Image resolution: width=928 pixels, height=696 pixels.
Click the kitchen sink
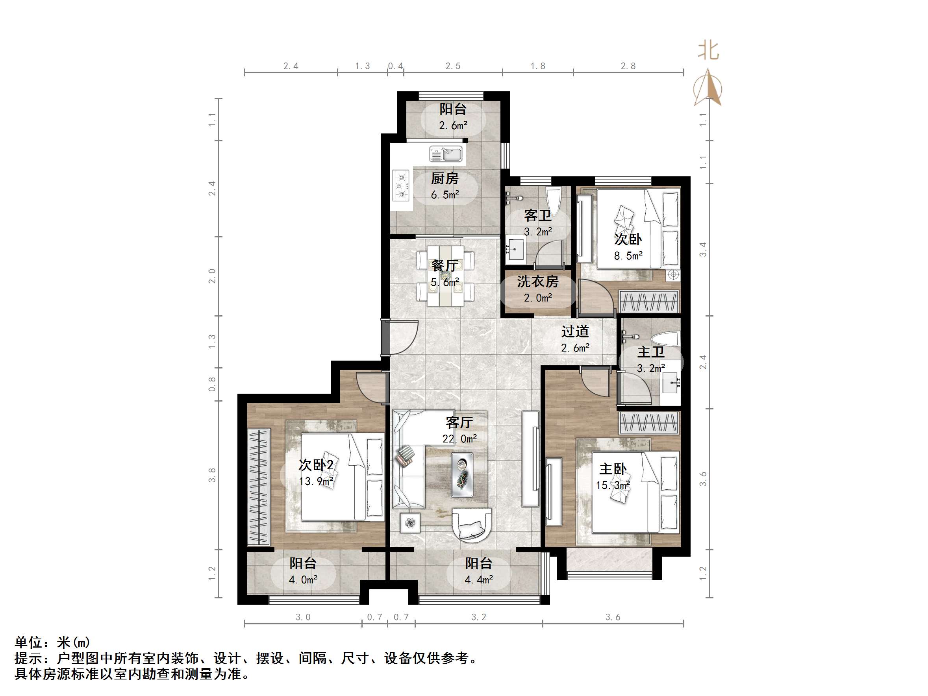click(446, 154)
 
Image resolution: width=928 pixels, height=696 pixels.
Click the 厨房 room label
click(445, 179)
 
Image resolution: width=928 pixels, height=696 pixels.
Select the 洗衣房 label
click(537, 281)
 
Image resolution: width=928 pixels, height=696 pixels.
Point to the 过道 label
click(575, 331)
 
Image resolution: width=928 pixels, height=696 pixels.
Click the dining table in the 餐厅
click(446, 276)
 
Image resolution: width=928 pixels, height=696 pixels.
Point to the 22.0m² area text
click(459, 439)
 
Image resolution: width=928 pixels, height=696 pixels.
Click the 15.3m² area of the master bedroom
click(613, 485)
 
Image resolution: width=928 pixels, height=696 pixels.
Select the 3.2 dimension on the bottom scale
click(479, 617)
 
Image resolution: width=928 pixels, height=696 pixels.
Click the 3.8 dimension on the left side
click(212, 475)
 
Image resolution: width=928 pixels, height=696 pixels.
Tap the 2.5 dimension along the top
click(453, 66)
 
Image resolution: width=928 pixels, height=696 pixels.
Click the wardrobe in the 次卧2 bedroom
click(258, 487)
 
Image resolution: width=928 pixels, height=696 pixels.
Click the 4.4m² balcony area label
click(479, 580)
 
